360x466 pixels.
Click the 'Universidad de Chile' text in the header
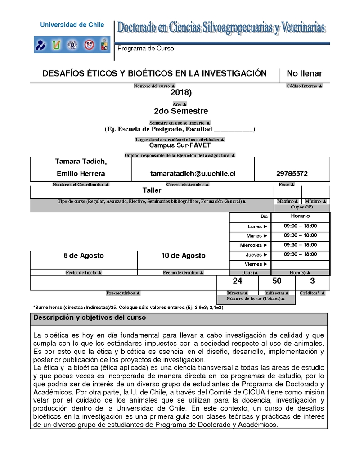72,25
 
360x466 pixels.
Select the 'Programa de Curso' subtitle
145,49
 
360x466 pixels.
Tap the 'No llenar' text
305,73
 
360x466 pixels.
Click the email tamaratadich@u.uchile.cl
193,173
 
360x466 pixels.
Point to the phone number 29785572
292,173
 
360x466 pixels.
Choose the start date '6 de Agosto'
84,255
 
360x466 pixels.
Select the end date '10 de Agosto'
183,255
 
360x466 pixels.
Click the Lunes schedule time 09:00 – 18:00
300,226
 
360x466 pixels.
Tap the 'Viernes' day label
254,264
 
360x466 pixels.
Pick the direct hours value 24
238,281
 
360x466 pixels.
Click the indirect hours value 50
277,281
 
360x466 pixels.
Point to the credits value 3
312,281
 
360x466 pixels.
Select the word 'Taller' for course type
152,190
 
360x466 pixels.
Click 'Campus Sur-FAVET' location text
180,145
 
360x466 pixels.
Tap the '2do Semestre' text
181,111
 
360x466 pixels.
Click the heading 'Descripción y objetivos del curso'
90,317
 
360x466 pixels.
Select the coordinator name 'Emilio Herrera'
81,173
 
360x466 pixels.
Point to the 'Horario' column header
300,216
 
